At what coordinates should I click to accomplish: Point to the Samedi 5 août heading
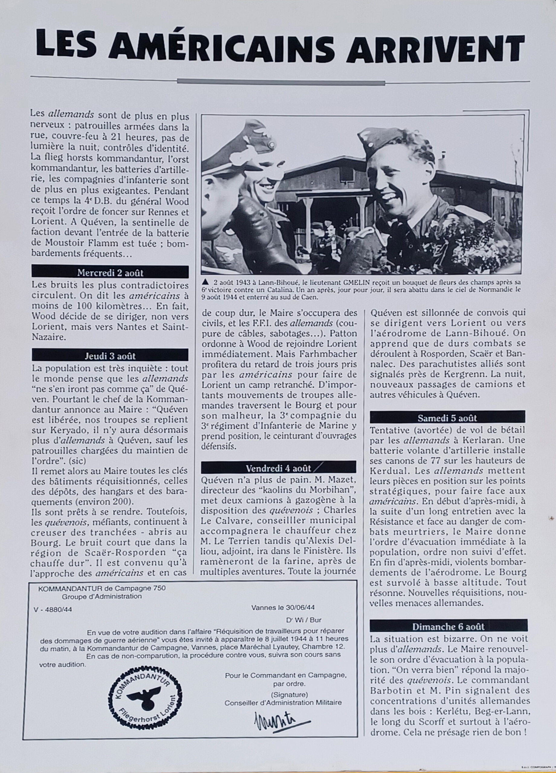coord(447,418)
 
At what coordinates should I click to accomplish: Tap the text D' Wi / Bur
coord(304,620)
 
